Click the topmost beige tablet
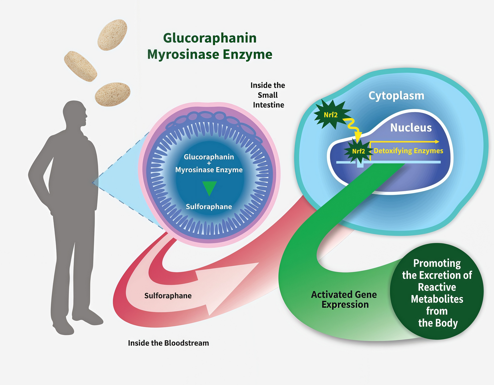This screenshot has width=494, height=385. coord(112,35)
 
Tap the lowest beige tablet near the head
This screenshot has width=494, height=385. coord(113,94)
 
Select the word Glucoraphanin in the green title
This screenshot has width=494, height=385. coord(210,38)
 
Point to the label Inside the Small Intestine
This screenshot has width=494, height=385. coord(268,95)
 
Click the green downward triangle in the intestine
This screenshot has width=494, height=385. coord(209,188)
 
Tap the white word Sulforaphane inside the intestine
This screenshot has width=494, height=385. coord(209,207)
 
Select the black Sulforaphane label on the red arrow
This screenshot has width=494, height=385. coord(168,296)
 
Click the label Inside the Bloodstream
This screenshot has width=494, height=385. coord(168,343)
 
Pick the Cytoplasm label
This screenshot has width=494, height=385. coord(396,96)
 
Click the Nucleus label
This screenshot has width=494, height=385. coord(411,128)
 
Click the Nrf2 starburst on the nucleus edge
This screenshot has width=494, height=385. coord(358,151)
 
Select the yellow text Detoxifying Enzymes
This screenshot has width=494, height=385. coord(408,151)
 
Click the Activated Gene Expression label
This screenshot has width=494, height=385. coord(344,299)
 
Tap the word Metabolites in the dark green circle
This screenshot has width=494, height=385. coord(437,299)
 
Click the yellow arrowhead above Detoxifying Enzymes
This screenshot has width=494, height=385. coord(437,142)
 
